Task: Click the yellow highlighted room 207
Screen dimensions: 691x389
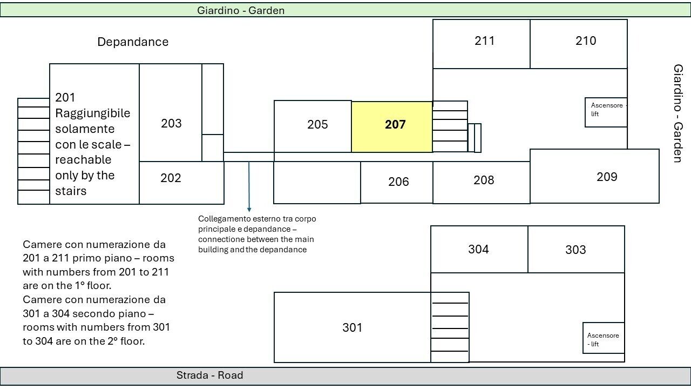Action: [392, 127]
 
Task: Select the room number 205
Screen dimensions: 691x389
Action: [317, 124]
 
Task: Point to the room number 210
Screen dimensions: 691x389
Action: [586, 41]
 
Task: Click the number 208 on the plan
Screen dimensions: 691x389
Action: [484, 180]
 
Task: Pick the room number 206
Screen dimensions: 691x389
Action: [398, 182]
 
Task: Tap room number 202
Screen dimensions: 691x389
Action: [171, 178]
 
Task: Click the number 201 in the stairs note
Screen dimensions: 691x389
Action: [65, 98]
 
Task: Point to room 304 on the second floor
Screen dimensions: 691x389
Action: [479, 249]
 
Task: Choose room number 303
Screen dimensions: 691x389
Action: [575, 250]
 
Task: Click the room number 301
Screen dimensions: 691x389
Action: [353, 327]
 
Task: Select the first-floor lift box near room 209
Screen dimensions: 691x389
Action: [606, 112]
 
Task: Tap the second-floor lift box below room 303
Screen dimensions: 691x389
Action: [604, 338]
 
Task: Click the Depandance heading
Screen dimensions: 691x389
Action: [133, 42]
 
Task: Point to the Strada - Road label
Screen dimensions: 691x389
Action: [210, 375]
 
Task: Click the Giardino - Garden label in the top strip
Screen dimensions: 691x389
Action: [241, 10]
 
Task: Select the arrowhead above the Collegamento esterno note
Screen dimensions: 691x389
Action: [249, 210]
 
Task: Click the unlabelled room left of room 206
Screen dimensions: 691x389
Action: [317, 183]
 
